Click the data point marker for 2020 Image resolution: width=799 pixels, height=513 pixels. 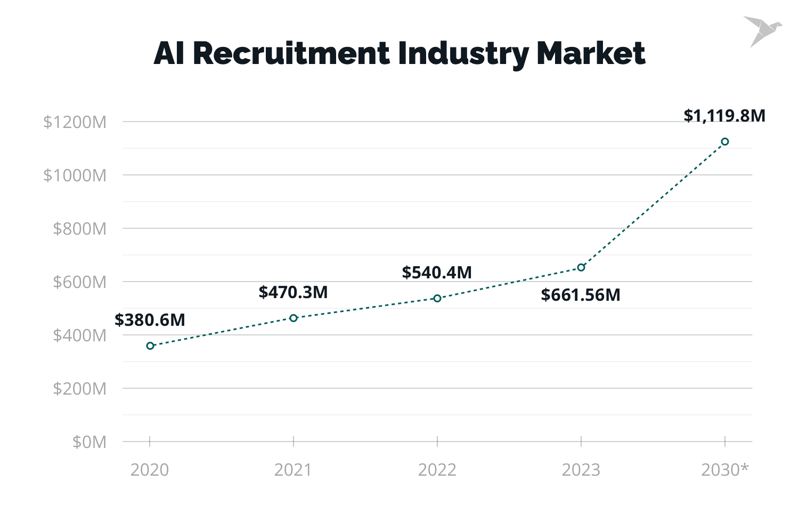[x=150, y=346]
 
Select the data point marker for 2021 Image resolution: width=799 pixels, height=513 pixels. [x=293, y=318]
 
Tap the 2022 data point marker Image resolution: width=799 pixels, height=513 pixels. [x=437, y=298]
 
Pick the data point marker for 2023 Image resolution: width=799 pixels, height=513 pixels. [x=581, y=267]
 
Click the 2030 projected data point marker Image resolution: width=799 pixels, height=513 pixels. [x=725, y=141]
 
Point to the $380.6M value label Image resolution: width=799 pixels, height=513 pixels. [x=150, y=320]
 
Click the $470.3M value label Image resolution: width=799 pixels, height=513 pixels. [x=293, y=292]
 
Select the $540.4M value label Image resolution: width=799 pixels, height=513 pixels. [x=437, y=272]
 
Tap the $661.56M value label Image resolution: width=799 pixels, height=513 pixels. [x=581, y=295]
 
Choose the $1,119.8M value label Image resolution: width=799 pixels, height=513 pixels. [x=724, y=116]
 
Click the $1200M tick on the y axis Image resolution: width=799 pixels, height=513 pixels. [x=75, y=122]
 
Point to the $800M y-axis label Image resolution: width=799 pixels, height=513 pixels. [x=79, y=229]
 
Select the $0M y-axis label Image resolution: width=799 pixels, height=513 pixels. [x=89, y=442]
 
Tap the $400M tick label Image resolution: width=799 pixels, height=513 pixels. [x=79, y=335]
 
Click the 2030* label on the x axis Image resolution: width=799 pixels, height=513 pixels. [x=724, y=470]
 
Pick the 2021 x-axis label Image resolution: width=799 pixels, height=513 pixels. [x=293, y=470]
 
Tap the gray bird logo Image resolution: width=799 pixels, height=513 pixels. [x=762, y=31]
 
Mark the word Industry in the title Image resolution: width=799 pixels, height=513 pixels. [x=463, y=53]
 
